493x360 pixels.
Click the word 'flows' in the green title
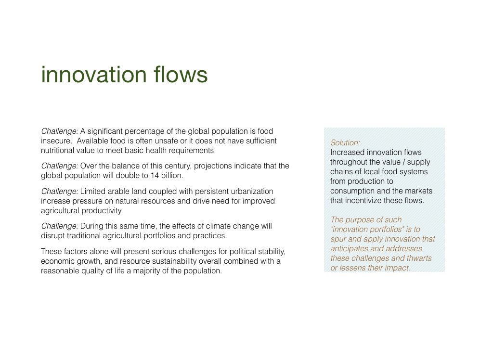coord(181,75)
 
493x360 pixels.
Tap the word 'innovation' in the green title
coord(94,75)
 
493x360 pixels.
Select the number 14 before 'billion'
coord(155,176)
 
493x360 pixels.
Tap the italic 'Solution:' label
coord(345,143)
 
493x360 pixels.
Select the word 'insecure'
coord(56,141)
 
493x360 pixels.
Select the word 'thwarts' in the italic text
coord(419,258)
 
